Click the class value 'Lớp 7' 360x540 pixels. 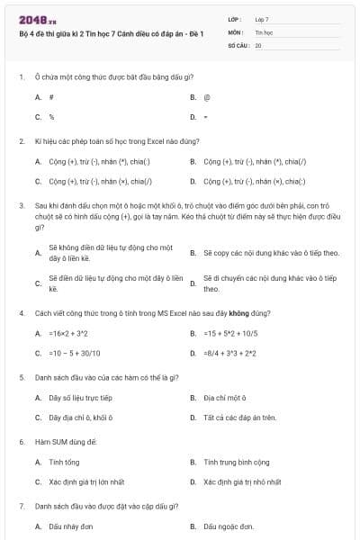point(262,19)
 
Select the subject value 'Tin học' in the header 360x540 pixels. point(263,31)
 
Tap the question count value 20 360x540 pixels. point(258,44)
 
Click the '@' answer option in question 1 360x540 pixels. point(207,96)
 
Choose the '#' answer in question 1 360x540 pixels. point(51,96)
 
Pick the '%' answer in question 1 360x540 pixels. point(51,117)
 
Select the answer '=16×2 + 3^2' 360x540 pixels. point(67,333)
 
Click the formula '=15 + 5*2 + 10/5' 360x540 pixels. point(230,333)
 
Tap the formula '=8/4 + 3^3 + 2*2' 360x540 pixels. point(230,353)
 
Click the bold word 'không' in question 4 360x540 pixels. point(238,312)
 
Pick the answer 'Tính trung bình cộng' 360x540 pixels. point(236,462)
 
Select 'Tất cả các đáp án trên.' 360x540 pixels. point(239,418)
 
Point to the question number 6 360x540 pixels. point(21,441)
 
